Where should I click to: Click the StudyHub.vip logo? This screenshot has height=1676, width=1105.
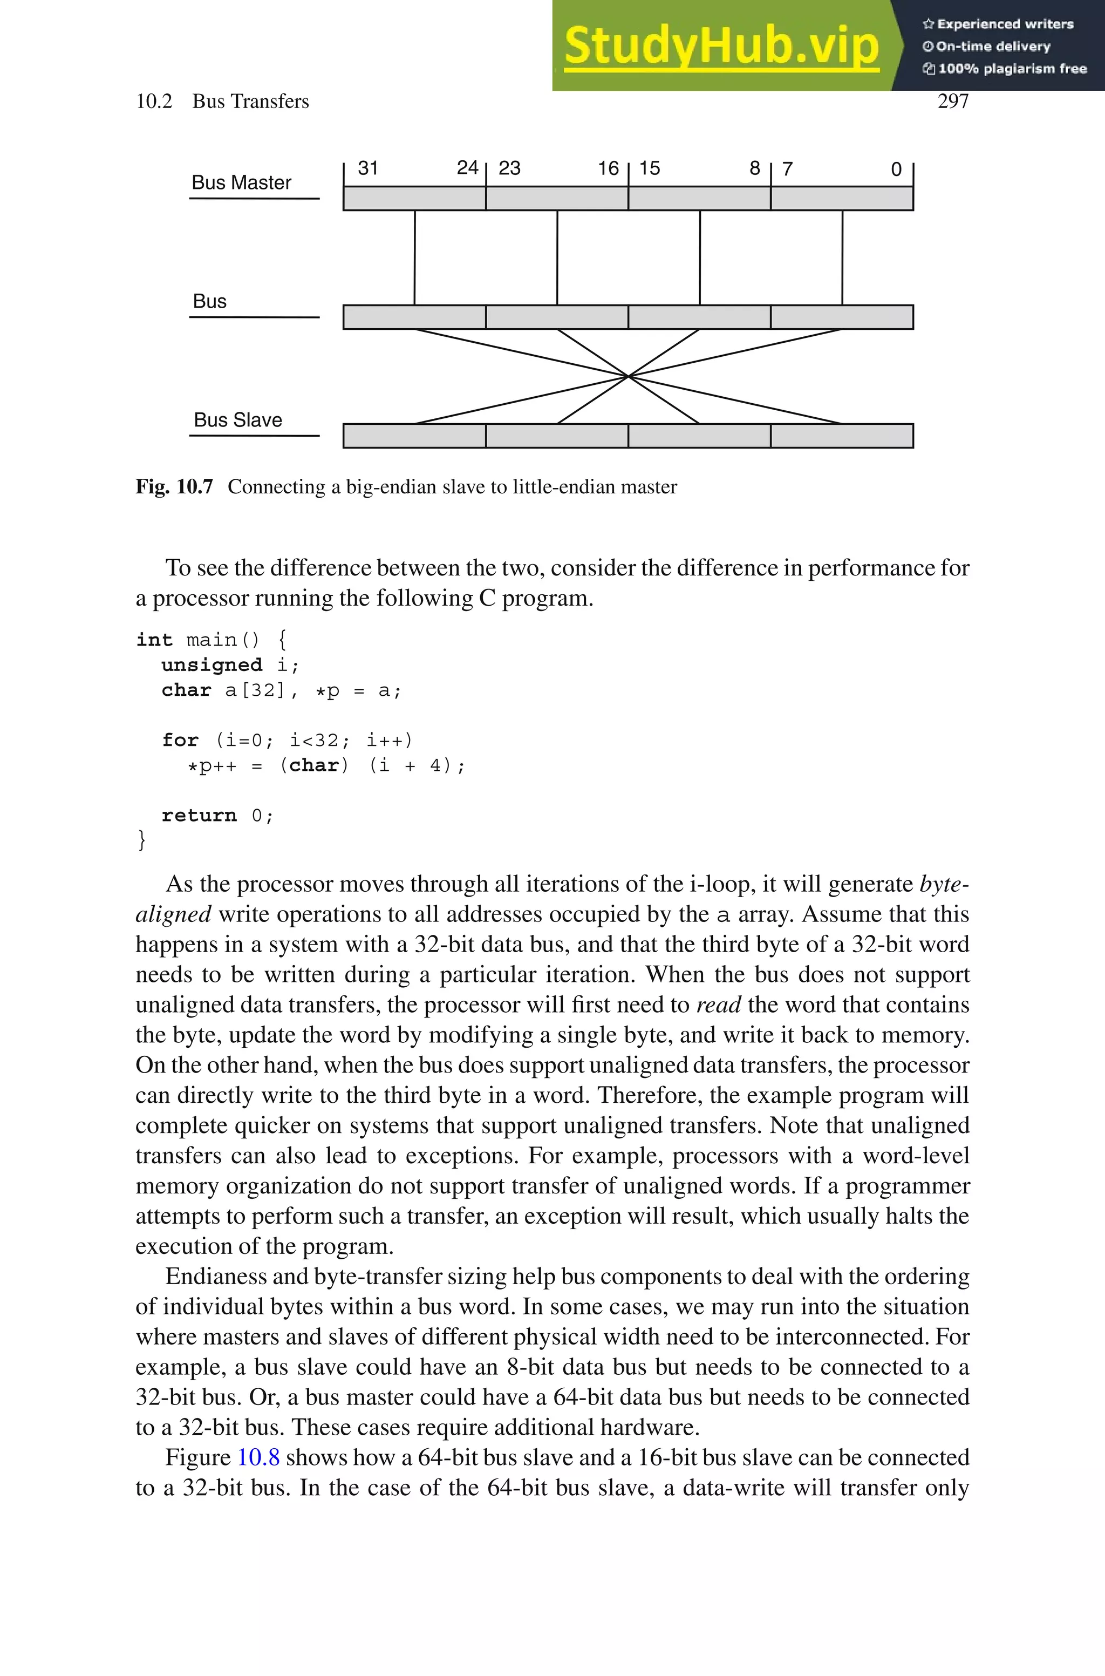coord(721,45)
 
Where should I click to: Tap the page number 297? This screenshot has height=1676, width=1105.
coord(953,101)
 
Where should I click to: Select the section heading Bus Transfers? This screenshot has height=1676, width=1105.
coord(250,101)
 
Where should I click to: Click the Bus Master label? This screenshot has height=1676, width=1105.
coord(241,182)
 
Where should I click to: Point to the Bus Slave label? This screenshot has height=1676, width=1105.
coord(237,420)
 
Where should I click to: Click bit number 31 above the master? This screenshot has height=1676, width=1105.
coord(368,168)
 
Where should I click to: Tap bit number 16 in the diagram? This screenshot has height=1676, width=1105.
coord(608,168)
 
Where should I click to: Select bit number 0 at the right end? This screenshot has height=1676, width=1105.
coord(896,169)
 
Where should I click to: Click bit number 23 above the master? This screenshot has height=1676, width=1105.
coord(509,168)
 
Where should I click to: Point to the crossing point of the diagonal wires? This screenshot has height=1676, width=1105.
coord(628,376)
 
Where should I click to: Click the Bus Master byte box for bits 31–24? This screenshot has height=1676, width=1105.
coord(414,199)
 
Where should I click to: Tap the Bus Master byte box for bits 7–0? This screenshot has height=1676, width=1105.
coord(842,199)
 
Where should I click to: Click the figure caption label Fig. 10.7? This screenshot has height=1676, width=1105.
coord(174,487)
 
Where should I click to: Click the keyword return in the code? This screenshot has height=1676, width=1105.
coord(199,816)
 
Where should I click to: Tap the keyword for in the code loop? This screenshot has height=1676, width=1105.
coord(180,740)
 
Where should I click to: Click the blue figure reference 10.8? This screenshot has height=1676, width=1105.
coord(258,1457)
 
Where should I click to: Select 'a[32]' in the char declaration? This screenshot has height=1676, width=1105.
coord(255,691)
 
